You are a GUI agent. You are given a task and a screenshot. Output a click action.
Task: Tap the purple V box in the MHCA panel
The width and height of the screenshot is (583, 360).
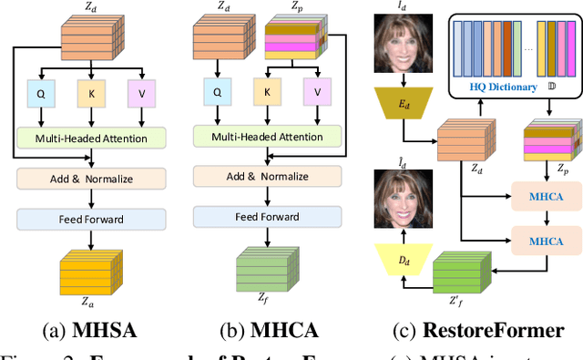[317, 91]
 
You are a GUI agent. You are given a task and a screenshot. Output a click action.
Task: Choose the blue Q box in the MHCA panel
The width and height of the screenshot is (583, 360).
[217, 91]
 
